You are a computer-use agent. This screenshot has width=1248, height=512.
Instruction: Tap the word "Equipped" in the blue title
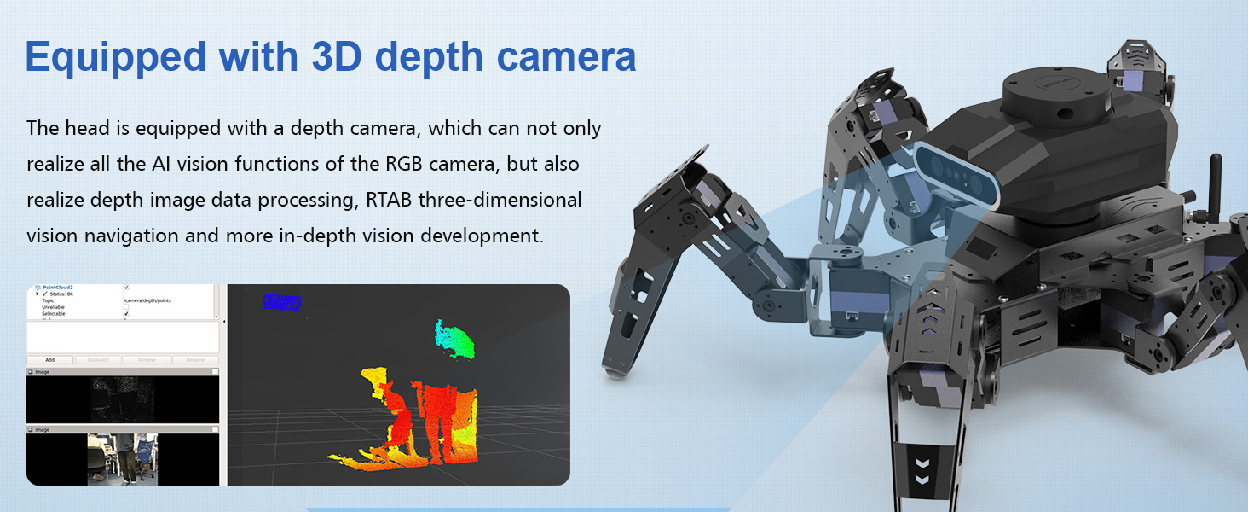[x=115, y=56]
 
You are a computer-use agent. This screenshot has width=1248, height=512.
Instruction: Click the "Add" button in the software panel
[x=49, y=360]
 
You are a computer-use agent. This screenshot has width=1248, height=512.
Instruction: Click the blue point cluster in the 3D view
[x=282, y=302]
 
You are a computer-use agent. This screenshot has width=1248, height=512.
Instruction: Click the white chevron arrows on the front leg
[x=922, y=472]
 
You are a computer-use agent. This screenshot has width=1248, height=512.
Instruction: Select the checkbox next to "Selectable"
[x=126, y=314]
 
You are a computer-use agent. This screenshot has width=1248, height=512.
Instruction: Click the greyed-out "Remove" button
[x=147, y=360]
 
